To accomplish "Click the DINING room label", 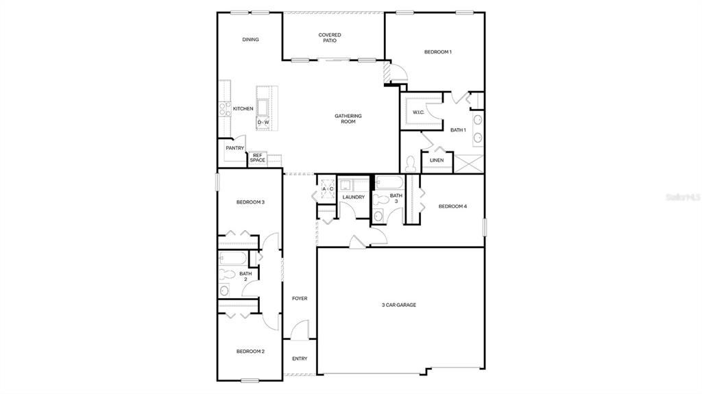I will pos(250,40).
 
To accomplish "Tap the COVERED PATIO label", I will pos(329,38).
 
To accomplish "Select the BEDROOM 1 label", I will pos(437,52).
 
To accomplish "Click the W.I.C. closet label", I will pos(419,112).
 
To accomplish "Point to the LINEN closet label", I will pos(436,160).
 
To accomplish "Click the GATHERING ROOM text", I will pos(348,119).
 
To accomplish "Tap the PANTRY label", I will pos(235,148).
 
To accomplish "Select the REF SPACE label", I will pos(257,158).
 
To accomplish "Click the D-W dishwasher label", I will pos(263,123).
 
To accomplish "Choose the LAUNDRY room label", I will pos(354,197).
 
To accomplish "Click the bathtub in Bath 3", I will pos(389,183).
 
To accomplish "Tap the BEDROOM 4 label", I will pos(452,206).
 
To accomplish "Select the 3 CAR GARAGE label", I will pos(399,305).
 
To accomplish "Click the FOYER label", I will pos(300,299).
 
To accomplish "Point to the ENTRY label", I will pos(300,358).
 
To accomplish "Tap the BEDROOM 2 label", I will pos(250,352).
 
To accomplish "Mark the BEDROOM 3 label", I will pos(250,202).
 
